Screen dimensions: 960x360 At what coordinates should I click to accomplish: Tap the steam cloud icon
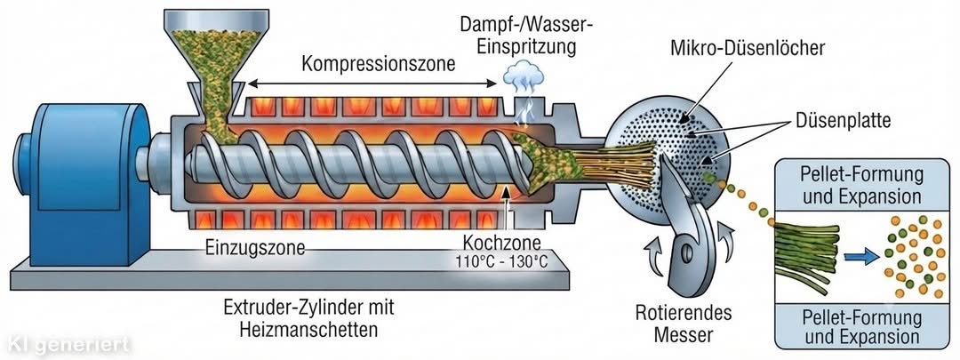pos(523,74)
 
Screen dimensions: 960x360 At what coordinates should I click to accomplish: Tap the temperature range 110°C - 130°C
pos(501,261)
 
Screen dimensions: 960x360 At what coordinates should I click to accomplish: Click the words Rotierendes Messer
pos(684,324)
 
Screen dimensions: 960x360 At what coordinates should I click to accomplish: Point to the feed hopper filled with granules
pos(215,68)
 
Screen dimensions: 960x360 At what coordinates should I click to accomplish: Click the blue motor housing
pos(85,184)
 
